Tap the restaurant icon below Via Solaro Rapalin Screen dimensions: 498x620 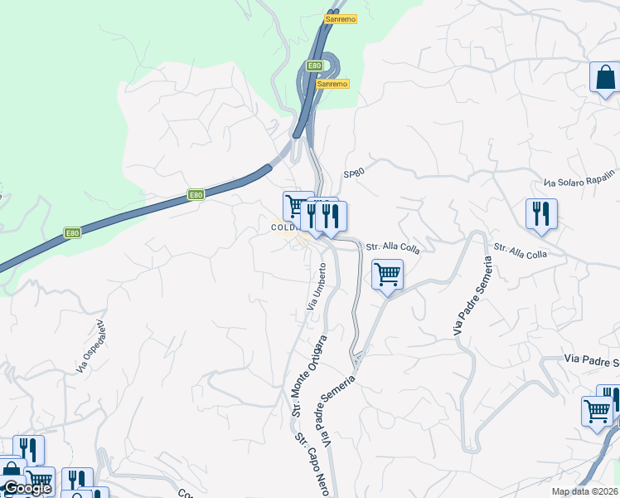[x=540, y=212]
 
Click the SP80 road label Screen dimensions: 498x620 [x=354, y=173]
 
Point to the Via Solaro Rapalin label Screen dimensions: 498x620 [x=580, y=179]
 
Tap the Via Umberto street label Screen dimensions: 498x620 [x=317, y=287]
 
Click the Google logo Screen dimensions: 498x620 [x=27, y=489]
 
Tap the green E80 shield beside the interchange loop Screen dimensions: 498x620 [x=313, y=66]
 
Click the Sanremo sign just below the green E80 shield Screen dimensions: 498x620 [x=332, y=84]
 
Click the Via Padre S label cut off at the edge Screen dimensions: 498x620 [x=592, y=360]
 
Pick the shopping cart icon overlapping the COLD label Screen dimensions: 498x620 [x=297, y=204]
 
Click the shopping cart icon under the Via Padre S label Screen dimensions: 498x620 [x=597, y=410]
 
